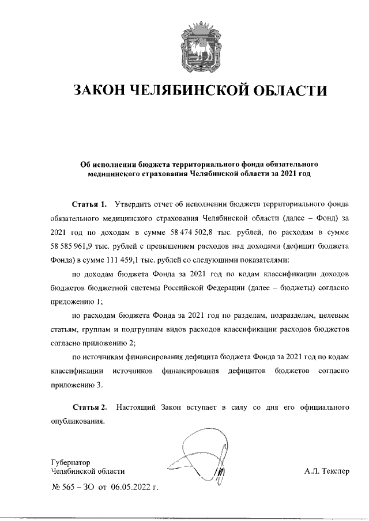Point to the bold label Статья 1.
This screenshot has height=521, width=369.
click(89, 204)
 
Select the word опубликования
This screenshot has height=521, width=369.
click(77, 421)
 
